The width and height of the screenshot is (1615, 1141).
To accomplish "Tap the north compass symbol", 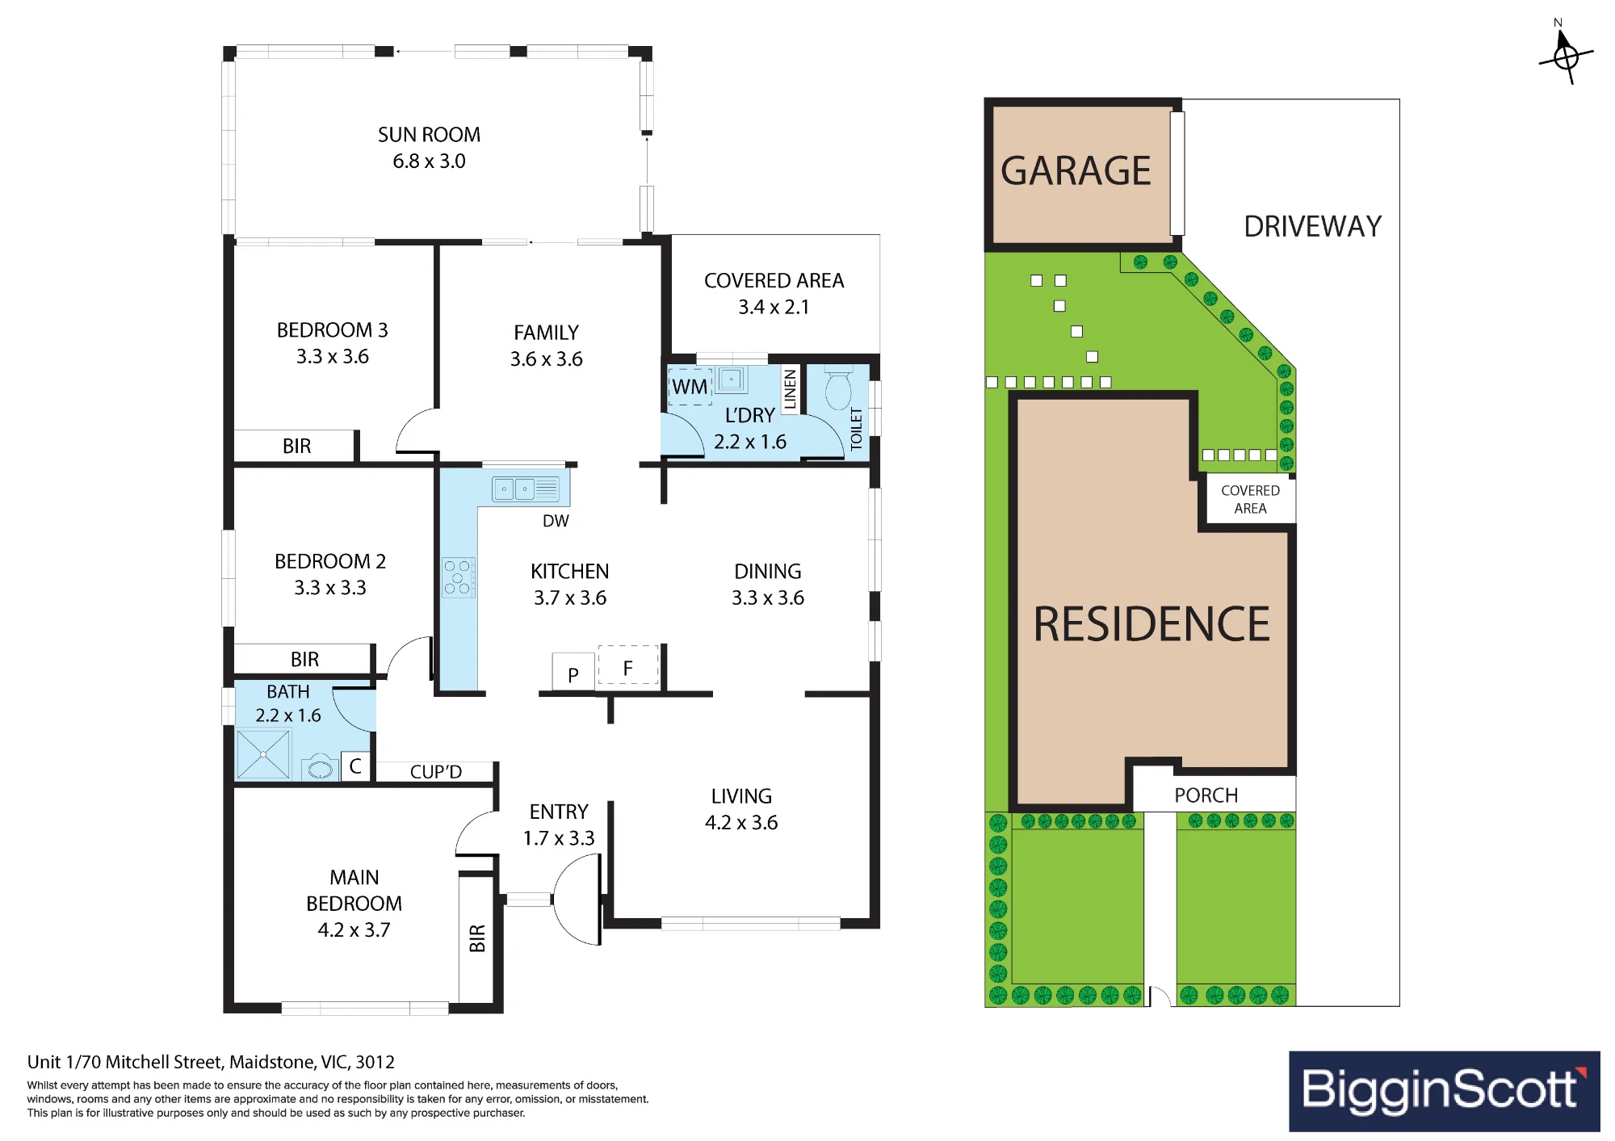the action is tap(1566, 55).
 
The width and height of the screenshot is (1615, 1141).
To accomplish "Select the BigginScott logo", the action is tap(1444, 1090).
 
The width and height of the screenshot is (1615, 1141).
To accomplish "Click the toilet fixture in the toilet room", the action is tap(839, 389).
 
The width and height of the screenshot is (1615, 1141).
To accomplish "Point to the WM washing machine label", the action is tap(690, 388).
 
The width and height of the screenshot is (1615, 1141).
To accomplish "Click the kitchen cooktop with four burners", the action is tap(458, 577).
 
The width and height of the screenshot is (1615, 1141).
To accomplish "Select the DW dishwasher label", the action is tap(556, 521).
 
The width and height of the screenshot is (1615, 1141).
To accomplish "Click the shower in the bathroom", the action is tap(263, 754).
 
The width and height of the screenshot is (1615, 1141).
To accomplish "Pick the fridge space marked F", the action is tap(628, 665).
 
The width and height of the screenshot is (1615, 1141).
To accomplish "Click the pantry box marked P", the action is tap(573, 672).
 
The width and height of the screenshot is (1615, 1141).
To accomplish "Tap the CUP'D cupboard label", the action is tap(436, 772).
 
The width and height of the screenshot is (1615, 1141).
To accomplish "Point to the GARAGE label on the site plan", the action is tap(1076, 171).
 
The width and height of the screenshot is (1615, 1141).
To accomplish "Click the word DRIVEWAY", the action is tap(1313, 227).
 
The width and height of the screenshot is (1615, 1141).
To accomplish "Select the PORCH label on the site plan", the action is tap(1206, 795).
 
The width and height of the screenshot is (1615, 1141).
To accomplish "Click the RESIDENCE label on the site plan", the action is tap(1152, 624).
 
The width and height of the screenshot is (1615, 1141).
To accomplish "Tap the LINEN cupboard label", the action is tap(790, 388).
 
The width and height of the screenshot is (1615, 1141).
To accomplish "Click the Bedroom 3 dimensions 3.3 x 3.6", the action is tap(333, 357).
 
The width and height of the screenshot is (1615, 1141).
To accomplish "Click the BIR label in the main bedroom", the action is tap(477, 938).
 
